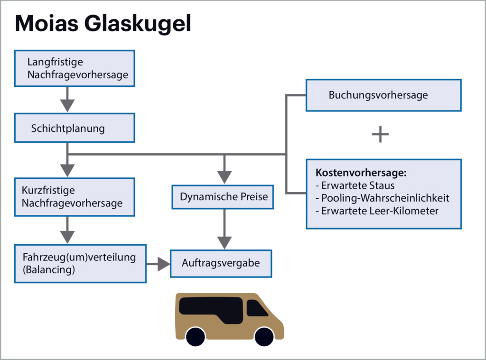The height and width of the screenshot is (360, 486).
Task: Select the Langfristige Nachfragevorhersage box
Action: (75, 68)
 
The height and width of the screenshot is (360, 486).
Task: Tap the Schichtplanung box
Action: (75, 128)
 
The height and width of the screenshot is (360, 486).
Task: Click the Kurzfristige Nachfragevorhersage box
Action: (75, 197)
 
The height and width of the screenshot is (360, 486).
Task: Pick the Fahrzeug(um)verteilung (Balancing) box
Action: (80, 263)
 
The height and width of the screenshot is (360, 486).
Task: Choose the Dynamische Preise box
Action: (224, 196)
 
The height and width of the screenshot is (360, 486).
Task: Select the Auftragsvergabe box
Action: (221, 263)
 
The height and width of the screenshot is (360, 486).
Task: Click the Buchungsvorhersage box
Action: (383, 95)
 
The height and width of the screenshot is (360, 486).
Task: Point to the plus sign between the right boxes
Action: (380, 135)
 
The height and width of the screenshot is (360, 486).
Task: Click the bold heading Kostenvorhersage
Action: (361, 173)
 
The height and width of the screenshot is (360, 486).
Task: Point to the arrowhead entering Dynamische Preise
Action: (224, 176)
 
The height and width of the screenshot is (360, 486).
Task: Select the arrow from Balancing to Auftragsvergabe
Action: (159, 264)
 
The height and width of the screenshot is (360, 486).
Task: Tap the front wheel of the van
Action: (264, 336)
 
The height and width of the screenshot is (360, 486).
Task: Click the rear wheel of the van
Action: (196, 336)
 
